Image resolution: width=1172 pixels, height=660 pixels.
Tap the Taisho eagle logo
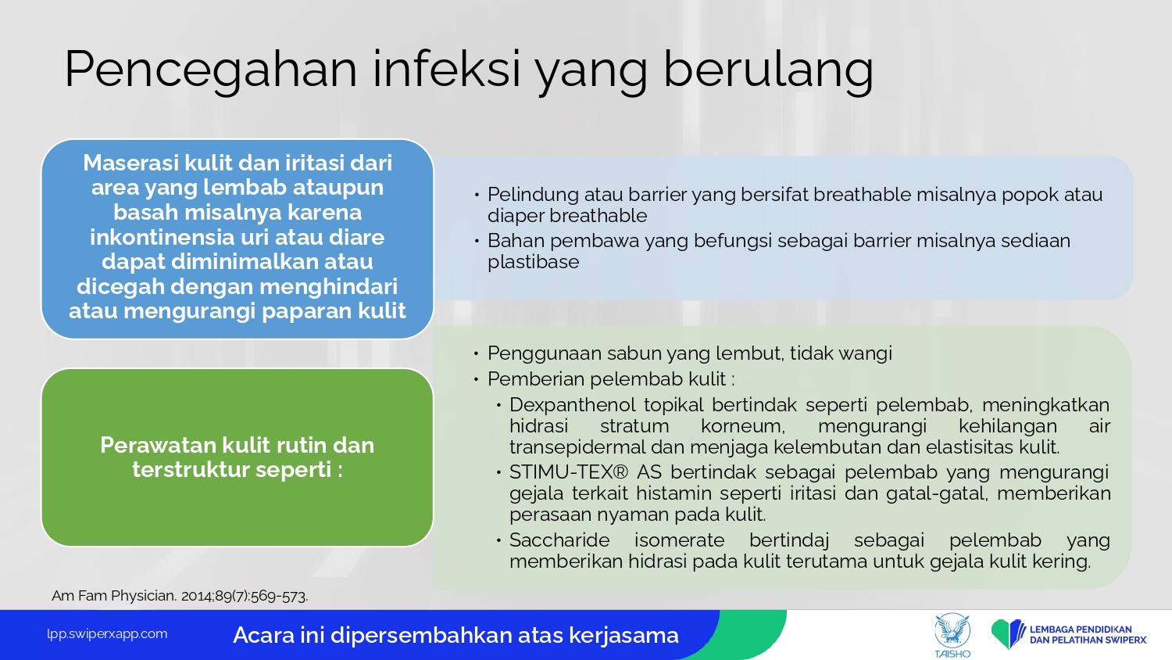point(952,635)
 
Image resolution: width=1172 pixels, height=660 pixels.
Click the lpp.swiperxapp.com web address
point(107,634)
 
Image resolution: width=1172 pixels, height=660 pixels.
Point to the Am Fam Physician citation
point(180,596)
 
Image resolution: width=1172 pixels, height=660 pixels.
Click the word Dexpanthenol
point(573,405)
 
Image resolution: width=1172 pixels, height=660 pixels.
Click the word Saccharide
point(559,540)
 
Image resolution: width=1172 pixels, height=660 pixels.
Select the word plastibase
point(533,262)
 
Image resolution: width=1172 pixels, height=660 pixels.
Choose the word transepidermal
point(577,447)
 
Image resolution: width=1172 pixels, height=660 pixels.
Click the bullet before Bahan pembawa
point(477,241)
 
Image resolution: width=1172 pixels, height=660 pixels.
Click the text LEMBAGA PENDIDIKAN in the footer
point(1081,629)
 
